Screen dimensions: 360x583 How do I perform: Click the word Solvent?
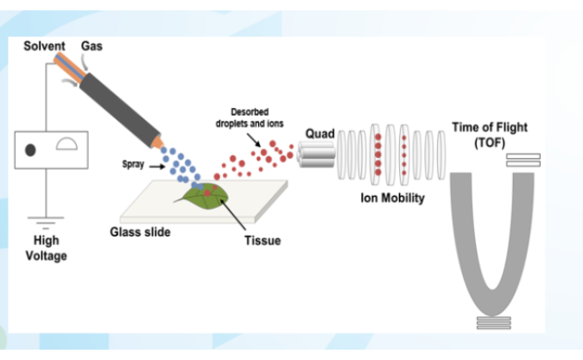point(44,46)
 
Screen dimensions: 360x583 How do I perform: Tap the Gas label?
point(92,46)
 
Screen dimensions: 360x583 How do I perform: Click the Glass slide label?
point(140,232)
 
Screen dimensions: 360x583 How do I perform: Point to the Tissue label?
point(263,240)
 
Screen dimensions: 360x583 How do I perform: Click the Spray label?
point(132,165)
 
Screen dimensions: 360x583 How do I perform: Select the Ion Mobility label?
point(392,198)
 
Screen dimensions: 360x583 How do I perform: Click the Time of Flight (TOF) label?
point(489,135)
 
